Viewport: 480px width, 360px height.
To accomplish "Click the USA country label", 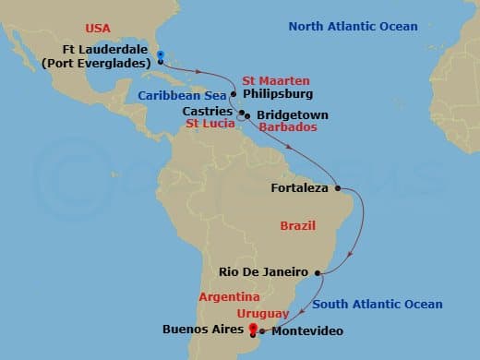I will coord(98,29).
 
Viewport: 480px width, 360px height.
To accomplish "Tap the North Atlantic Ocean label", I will coord(353,26).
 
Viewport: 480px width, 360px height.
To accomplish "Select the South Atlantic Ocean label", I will coord(377,304).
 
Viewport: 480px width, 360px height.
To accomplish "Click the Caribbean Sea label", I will coord(182,95).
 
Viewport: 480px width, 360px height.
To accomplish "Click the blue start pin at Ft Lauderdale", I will coord(161,56).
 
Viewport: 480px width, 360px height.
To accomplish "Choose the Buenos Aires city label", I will coord(203,328).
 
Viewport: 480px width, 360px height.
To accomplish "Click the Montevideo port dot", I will coord(262,330).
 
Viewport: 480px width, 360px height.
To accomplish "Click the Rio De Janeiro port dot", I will coord(318,272).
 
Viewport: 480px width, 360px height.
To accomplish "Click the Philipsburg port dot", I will coord(234,94).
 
